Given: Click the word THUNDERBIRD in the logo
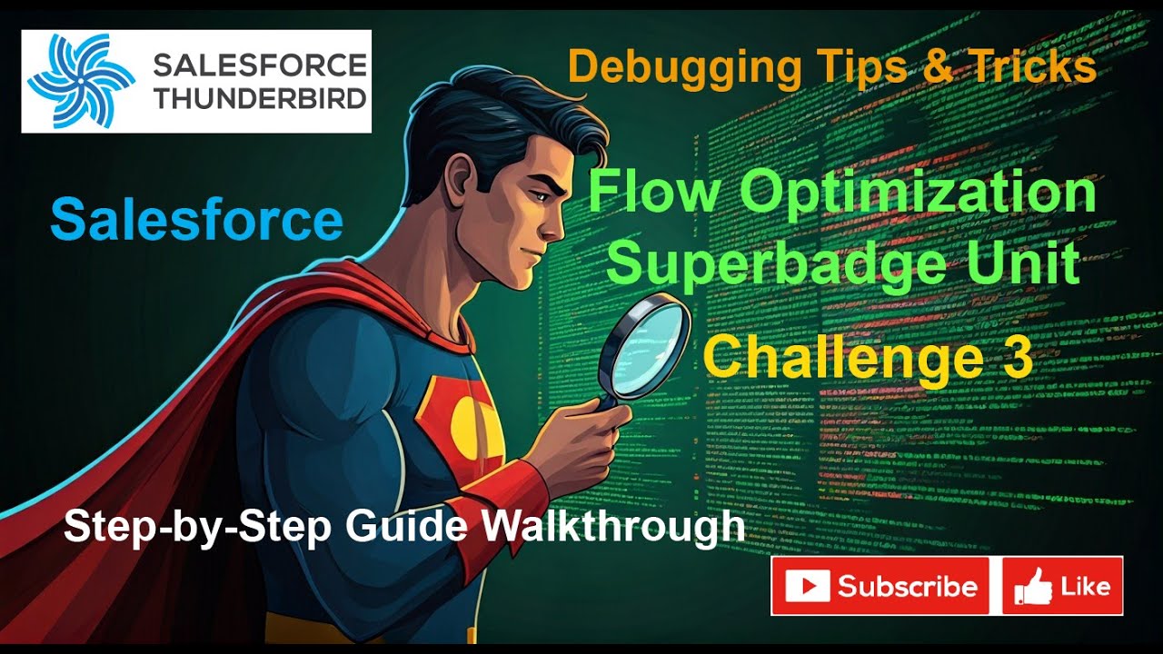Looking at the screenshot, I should (x=260, y=98).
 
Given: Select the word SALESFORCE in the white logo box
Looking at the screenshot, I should (x=260, y=64).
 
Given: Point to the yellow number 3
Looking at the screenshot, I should (x=1015, y=356).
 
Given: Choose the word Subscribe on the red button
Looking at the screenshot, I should (x=907, y=586).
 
